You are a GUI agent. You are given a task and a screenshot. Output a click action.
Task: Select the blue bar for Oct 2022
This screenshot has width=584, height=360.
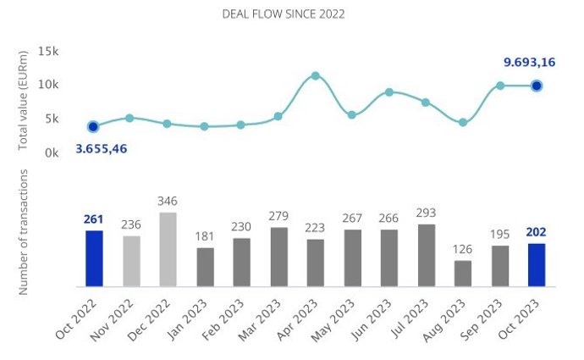click(x=94, y=258)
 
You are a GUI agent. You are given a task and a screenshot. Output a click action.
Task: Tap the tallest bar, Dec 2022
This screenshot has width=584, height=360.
click(x=168, y=248)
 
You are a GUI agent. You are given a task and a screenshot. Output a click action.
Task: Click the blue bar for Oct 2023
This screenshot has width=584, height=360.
click(x=537, y=264)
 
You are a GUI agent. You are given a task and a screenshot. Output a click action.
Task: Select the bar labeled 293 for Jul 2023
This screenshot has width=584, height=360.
click(x=427, y=254)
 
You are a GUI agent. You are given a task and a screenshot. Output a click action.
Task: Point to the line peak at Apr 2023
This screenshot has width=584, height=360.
click(x=316, y=76)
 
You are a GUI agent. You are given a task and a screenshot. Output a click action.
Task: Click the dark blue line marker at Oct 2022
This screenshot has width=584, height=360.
click(x=93, y=126)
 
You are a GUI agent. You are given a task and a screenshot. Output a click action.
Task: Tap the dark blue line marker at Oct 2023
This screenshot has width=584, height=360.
click(x=537, y=86)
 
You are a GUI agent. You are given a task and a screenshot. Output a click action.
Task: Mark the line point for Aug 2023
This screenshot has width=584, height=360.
click(x=463, y=123)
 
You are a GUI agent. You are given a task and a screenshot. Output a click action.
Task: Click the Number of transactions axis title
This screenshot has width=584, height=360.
click(x=25, y=231)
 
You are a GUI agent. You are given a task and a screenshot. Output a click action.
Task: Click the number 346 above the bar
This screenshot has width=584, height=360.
click(x=168, y=202)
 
